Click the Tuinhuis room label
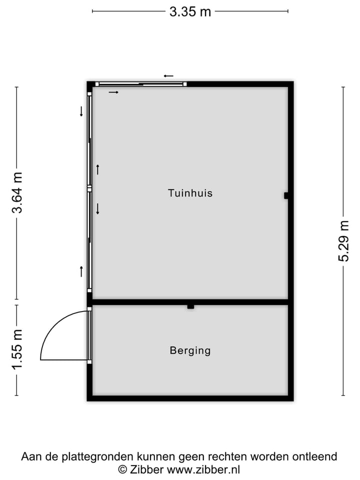[190, 193]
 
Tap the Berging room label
[190, 350]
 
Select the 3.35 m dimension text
[190, 11]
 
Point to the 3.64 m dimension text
[18, 192]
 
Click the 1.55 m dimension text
[18, 350]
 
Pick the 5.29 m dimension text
[343, 241]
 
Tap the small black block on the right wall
[286, 195]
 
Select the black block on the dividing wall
[190, 306]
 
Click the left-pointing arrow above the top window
[168, 76]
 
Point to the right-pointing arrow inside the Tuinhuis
[113, 92]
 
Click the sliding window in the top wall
[140, 84]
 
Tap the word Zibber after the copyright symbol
[146, 469]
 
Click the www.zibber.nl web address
[203, 469]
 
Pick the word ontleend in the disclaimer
[316, 456]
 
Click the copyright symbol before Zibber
[122, 469]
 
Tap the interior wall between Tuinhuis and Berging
[190, 302]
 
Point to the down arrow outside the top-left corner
[81, 111]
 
